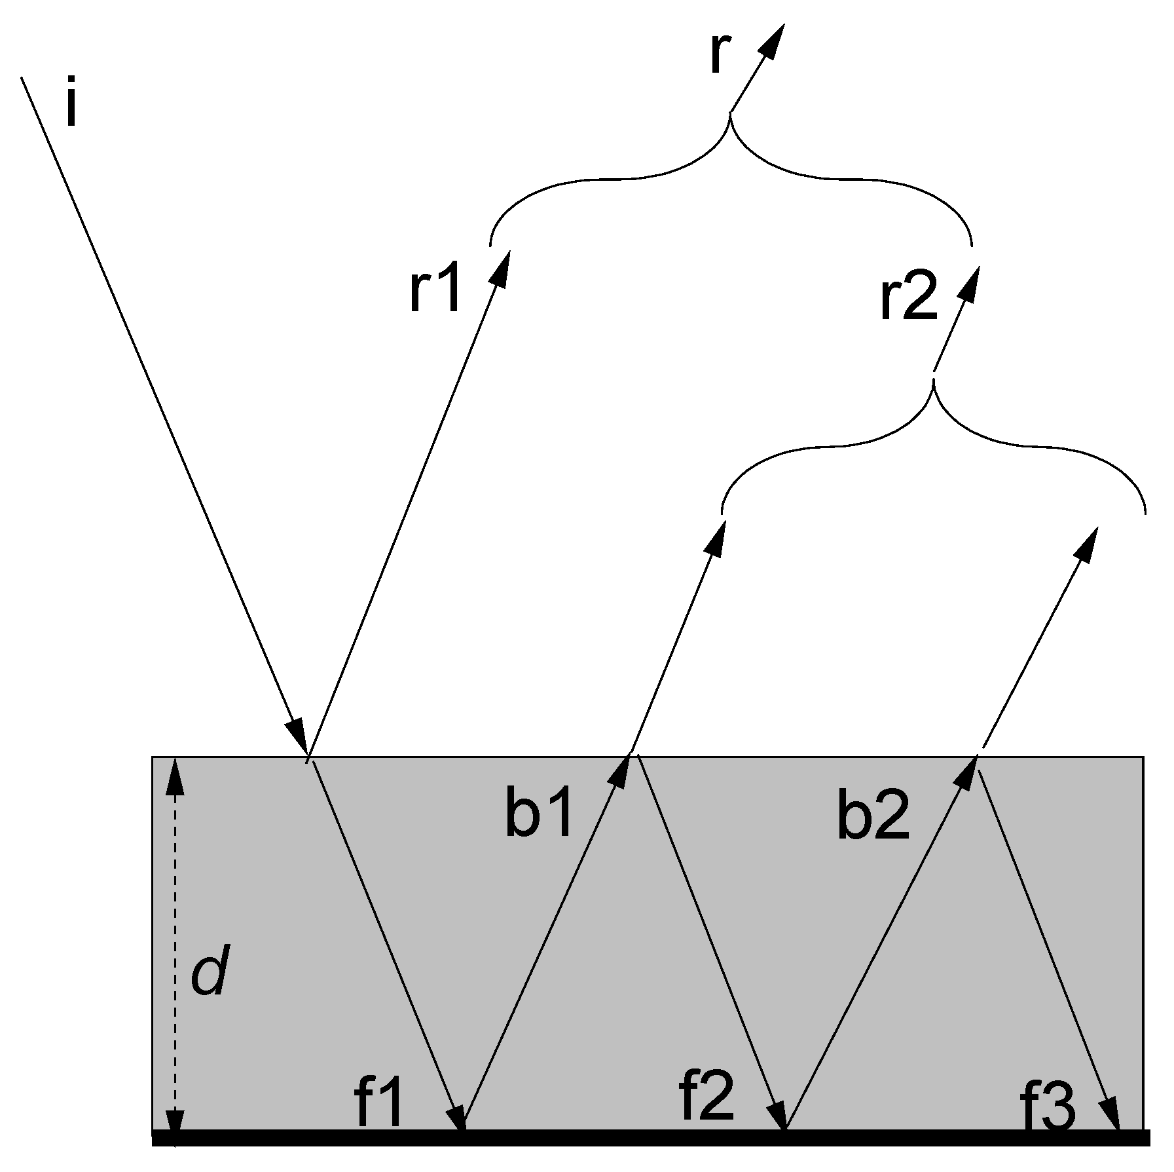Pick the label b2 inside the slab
(873, 819)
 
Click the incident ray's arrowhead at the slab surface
(298, 739)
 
